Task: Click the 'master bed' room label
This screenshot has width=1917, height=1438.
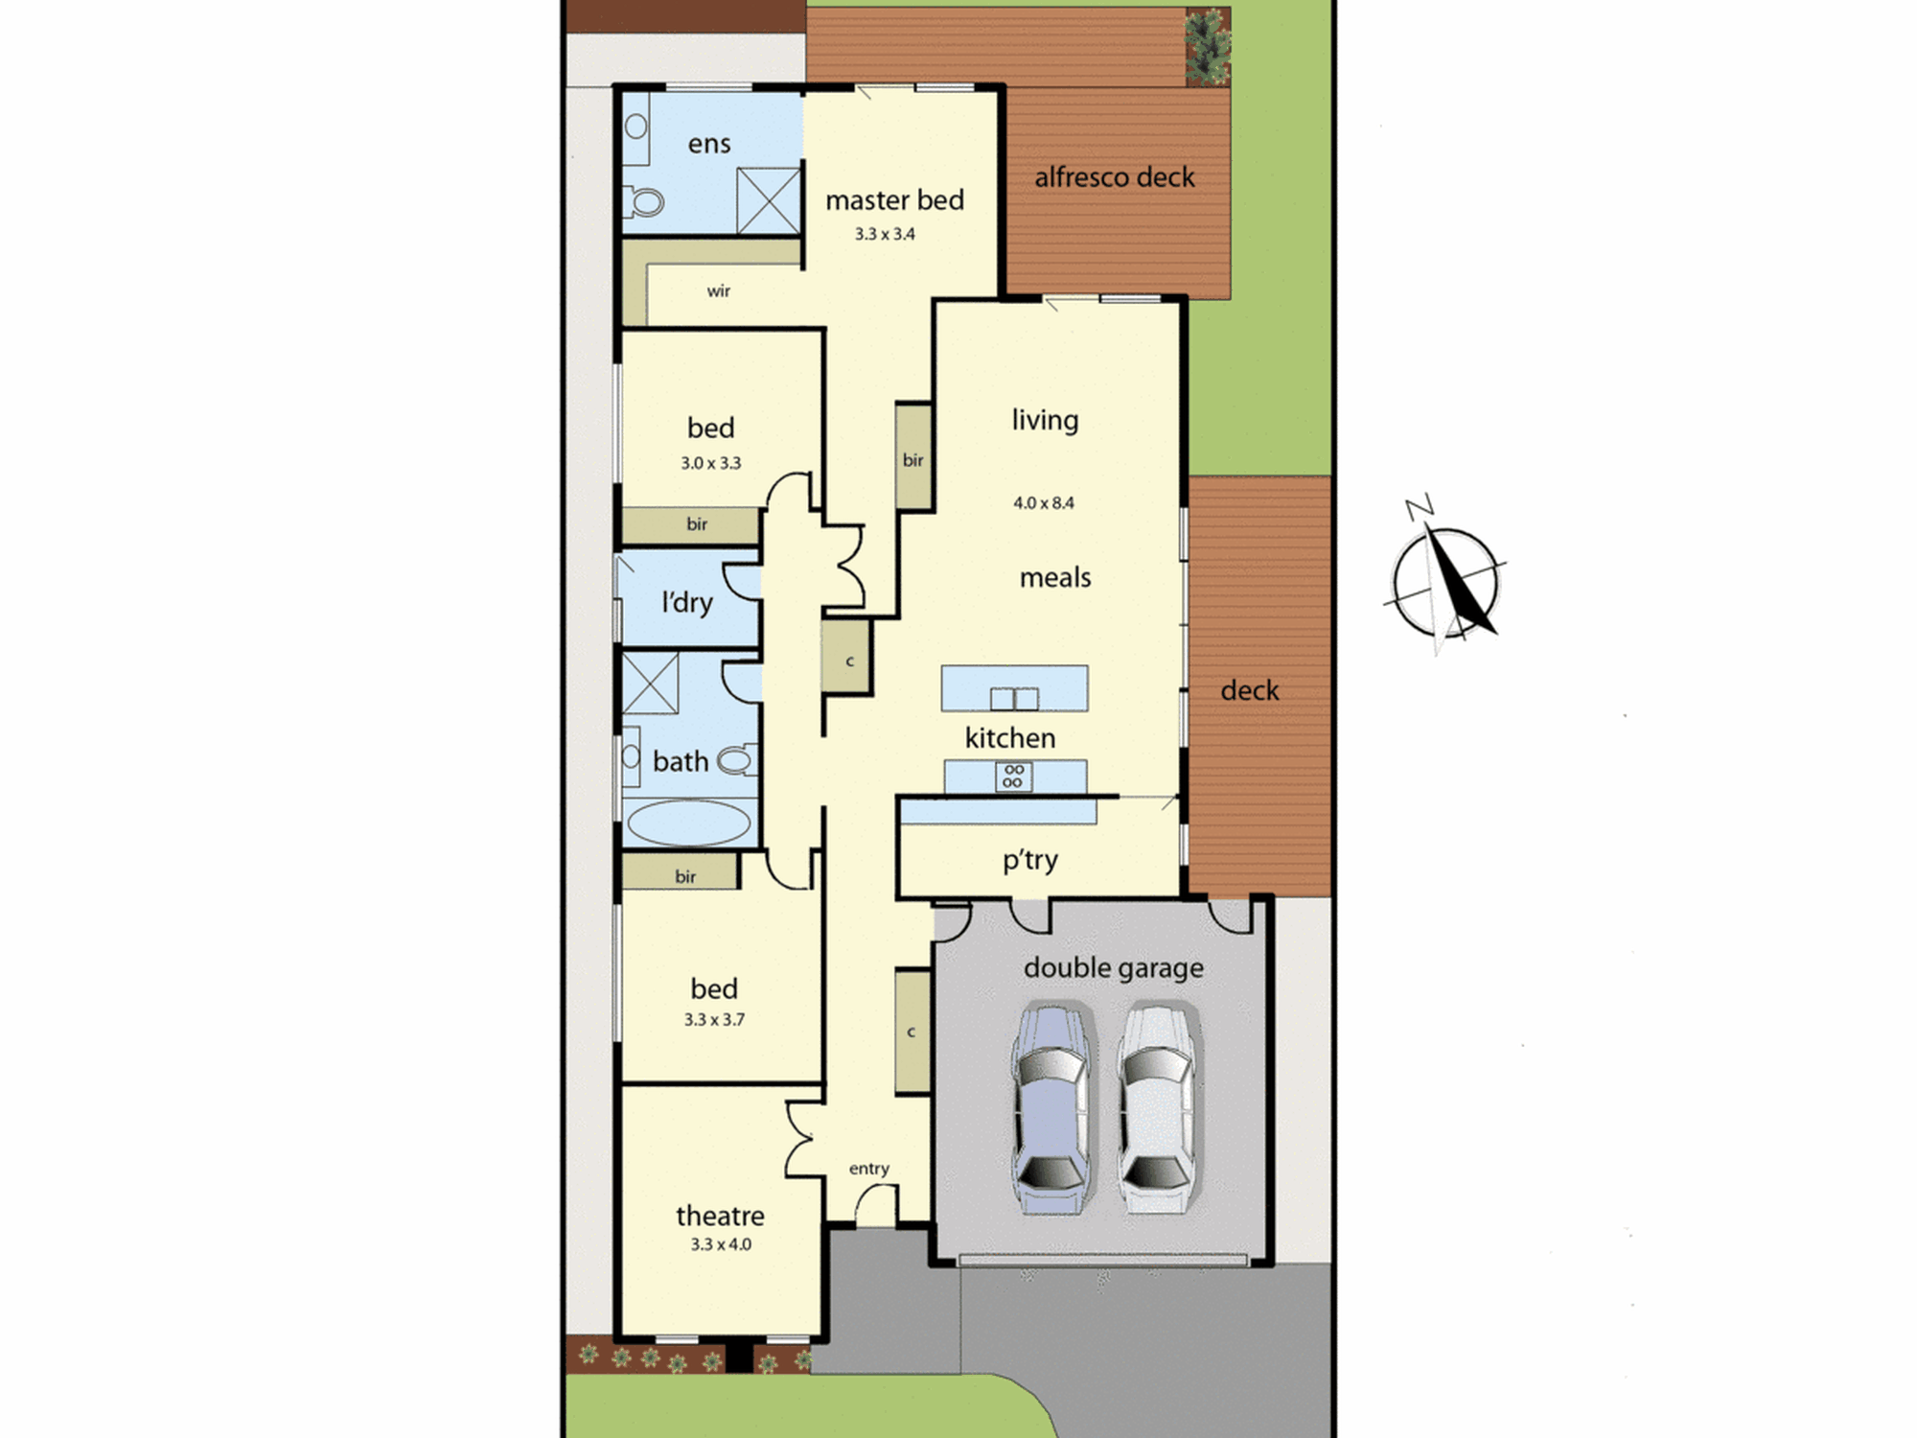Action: [x=894, y=200]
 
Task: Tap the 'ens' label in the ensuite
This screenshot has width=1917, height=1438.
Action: [x=709, y=144]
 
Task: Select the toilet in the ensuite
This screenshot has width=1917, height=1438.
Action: [x=644, y=201]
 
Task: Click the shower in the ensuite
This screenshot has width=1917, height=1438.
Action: [x=768, y=200]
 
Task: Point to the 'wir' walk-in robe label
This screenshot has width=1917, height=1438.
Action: [x=719, y=290]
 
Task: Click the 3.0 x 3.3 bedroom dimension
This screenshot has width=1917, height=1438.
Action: [x=711, y=463]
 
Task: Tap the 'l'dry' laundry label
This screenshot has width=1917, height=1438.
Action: [x=687, y=602]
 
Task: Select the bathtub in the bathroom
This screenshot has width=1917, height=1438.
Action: [x=687, y=823]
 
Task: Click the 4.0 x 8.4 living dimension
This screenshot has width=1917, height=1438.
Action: [x=1044, y=502]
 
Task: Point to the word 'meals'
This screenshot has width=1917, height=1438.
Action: [x=1055, y=577]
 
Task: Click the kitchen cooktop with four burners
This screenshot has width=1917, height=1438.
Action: [x=1013, y=776]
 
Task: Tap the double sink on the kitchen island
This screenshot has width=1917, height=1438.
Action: [x=1014, y=698]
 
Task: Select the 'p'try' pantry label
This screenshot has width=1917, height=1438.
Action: [x=1030, y=860]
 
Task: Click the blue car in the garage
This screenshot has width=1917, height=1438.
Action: [x=1051, y=1108]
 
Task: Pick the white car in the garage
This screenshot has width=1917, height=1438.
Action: [x=1158, y=1108]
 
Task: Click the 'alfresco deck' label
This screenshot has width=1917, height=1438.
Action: [x=1115, y=177]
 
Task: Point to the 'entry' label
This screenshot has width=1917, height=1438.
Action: [x=869, y=1169]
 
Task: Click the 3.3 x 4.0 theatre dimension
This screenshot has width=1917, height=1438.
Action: [x=721, y=1244]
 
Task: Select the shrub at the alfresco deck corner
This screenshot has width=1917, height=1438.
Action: [x=1208, y=46]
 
